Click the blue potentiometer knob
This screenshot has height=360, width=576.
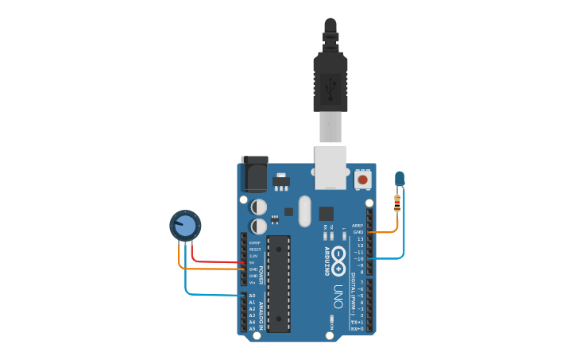coord(185,225)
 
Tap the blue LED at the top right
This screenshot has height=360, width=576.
coord(400,179)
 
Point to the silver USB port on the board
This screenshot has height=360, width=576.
coord(331,168)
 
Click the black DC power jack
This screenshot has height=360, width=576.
coord(253,174)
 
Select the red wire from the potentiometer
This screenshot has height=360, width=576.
coord(215,261)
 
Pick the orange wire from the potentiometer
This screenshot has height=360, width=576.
coord(207,268)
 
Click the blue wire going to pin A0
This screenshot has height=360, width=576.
coord(207,294)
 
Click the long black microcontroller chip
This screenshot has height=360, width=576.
coord(278,283)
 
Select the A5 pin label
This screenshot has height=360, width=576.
coord(252,328)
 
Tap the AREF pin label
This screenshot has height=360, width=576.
coord(358,226)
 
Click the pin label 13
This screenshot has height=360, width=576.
coord(360,238)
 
